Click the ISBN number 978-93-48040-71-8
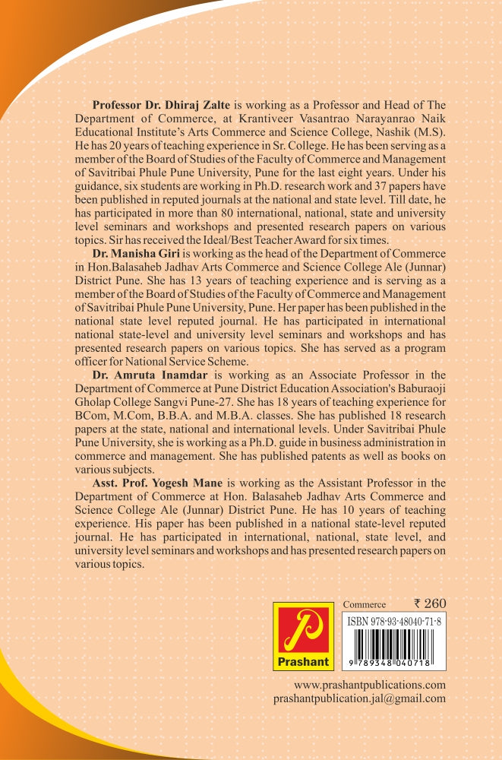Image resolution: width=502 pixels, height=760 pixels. click(x=395, y=621)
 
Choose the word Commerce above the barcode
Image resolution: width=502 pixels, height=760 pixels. click(x=365, y=605)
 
